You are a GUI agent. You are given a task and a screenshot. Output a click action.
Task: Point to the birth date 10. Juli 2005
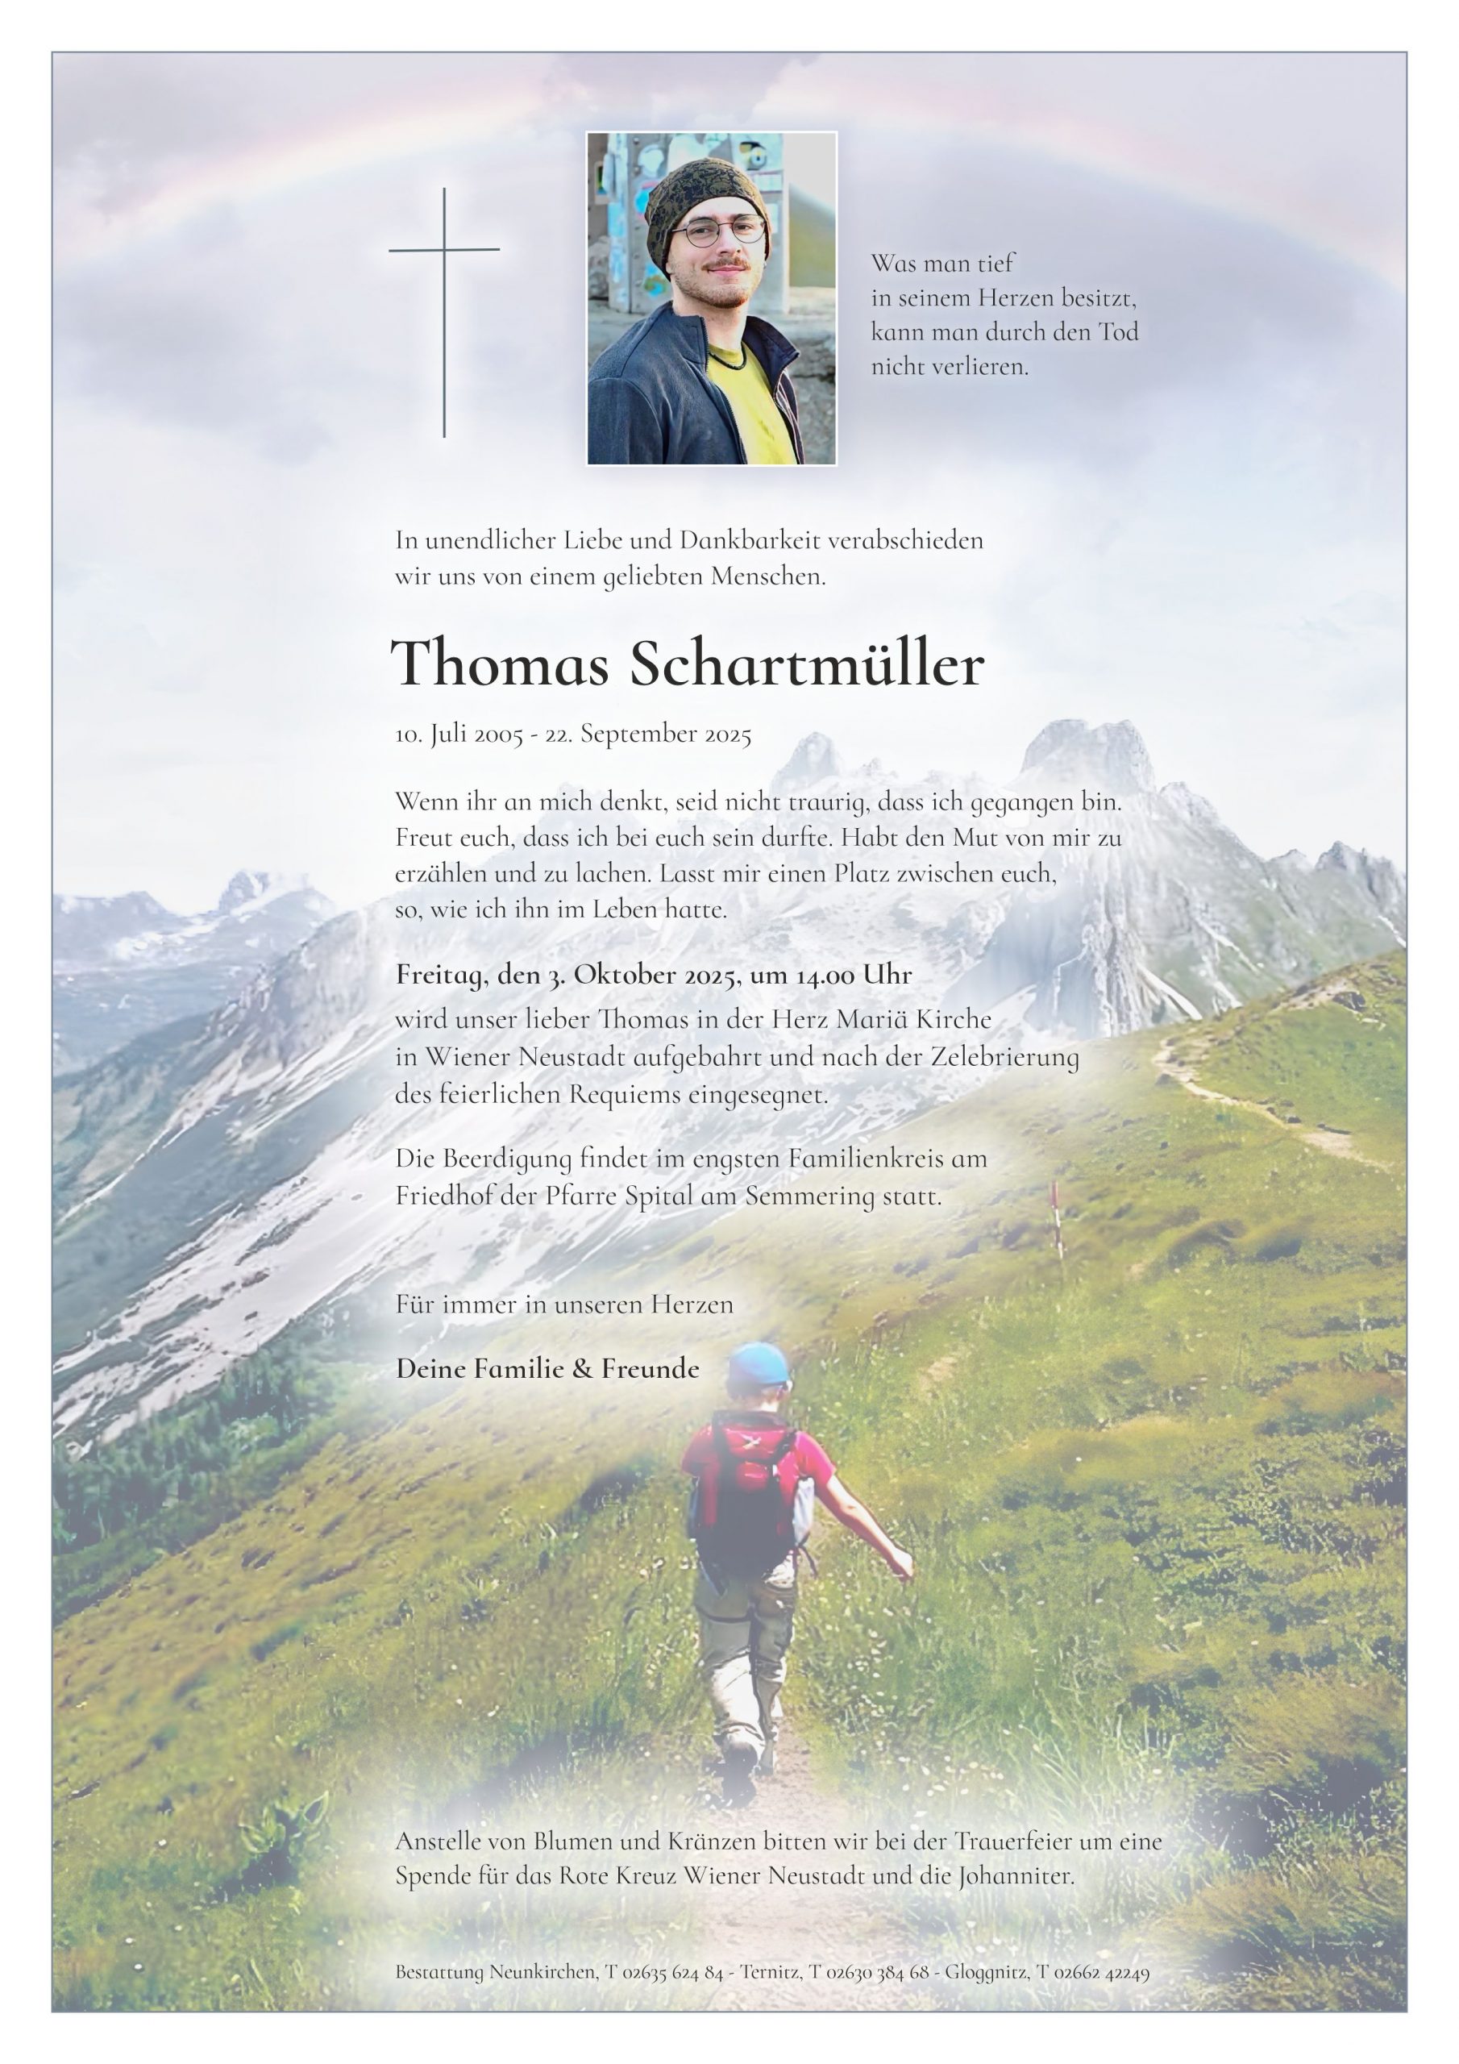[x=459, y=734]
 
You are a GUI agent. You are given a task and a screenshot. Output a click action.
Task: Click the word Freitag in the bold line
[x=439, y=976]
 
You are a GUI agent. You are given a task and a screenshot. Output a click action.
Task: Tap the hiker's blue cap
[x=758, y=1367]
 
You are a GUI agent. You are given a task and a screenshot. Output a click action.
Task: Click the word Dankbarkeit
[x=750, y=541]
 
